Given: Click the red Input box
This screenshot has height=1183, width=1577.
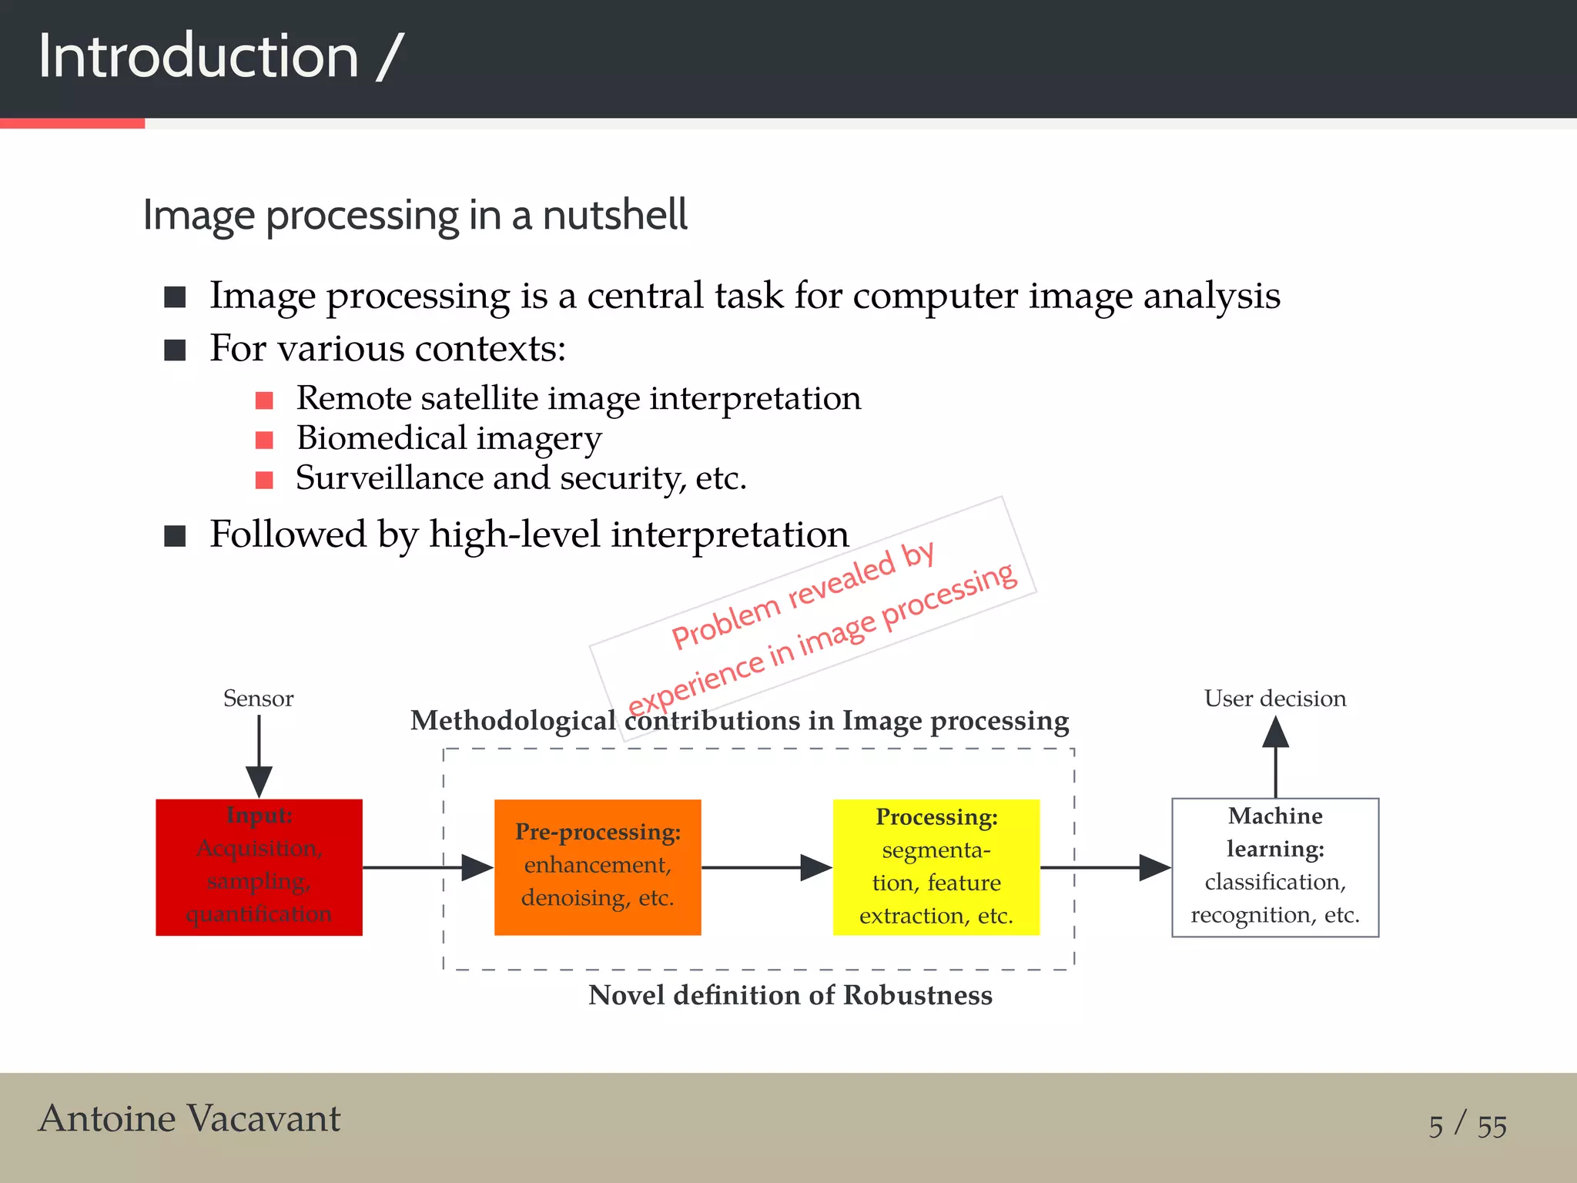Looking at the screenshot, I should (259, 867).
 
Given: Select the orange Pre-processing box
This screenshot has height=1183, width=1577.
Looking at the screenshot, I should (598, 867).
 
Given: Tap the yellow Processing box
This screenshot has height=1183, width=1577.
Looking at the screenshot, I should (936, 867).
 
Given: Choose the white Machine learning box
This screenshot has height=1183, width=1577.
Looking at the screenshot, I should (1275, 867).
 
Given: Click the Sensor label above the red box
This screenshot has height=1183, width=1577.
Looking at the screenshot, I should (258, 699).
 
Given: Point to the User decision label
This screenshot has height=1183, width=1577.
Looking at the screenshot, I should (1275, 699).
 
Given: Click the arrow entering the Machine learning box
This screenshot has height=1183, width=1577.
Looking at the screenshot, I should (1109, 867).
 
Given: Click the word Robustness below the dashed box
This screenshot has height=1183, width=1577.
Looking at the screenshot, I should (918, 995).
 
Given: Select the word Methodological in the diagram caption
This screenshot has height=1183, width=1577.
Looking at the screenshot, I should (513, 721).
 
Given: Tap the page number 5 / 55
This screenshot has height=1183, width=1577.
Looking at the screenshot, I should (1468, 1125).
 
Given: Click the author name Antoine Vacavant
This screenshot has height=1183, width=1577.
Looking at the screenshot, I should (189, 1118).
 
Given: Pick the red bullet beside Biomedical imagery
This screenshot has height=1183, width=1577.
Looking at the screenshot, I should (264, 440).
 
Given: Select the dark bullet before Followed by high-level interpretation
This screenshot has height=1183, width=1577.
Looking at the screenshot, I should (176, 536).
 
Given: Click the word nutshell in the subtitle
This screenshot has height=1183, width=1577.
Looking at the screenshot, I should (614, 215).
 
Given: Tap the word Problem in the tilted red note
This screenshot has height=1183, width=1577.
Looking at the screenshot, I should (725, 623).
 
